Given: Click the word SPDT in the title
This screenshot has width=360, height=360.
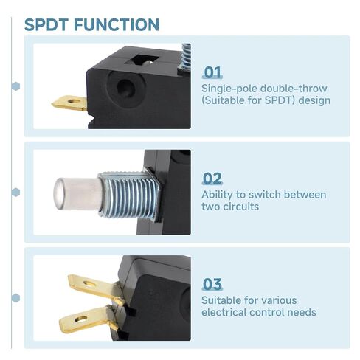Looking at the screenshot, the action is click(x=46, y=24).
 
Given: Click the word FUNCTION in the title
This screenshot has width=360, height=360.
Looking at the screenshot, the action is click(x=117, y=24).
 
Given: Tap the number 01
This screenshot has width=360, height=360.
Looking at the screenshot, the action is click(x=213, y=72).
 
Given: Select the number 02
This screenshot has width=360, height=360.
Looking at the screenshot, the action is click(x=212, y=179).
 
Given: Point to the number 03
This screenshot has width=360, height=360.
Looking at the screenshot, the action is click(x=212, y=284).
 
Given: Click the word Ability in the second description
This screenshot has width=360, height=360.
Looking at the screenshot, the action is click(x=217, y=195).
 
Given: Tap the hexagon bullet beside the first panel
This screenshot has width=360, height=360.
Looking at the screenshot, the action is click(x=15, y=86).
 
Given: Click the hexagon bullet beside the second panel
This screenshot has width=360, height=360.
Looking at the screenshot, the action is click(x=15, y=193).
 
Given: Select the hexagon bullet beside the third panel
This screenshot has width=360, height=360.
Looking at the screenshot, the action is click(x=15, y=298).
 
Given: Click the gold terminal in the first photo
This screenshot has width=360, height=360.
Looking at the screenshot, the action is click(x=69, y=103).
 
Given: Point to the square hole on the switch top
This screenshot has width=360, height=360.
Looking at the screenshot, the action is click(x=142, y=60).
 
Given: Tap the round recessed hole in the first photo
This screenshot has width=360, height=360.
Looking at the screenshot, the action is click(x=125, y=88).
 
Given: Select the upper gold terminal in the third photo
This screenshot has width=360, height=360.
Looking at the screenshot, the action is click(x=96, y=288).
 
